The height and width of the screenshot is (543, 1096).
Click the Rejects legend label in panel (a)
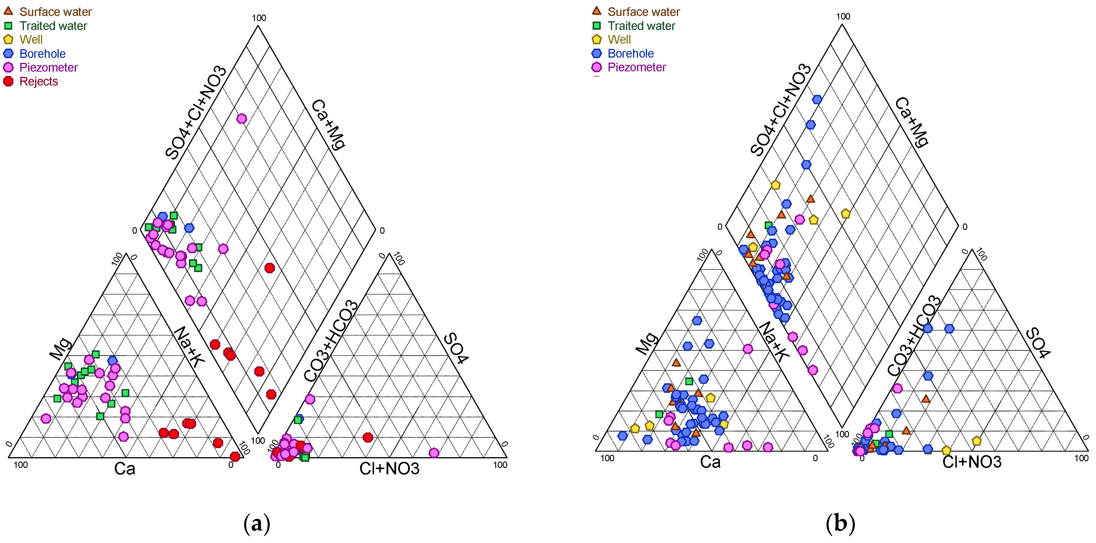[x=38, y=81]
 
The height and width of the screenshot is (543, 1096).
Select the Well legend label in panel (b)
[x=619, y=40]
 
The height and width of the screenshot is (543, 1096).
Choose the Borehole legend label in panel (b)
[x=630, y=54]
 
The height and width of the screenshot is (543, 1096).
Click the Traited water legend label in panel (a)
[x=53, y=26]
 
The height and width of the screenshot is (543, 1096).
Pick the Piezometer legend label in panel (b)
[x=636, y=67]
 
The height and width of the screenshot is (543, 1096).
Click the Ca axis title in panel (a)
[x=125, y=469]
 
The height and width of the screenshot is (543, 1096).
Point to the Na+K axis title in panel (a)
[x=189, y=347]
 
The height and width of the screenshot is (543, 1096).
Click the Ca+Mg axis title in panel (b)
[x=912, y=122]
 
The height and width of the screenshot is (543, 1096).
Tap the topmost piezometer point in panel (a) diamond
[x=242, y=119]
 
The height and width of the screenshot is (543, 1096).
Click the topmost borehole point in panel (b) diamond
[x=817, y=100]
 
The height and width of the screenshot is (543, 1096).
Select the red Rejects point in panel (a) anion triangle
[x=368, y=437]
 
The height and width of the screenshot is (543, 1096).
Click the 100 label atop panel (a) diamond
[x=259, y=18]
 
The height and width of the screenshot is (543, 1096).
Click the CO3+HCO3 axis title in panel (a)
[x=330, y=341]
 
